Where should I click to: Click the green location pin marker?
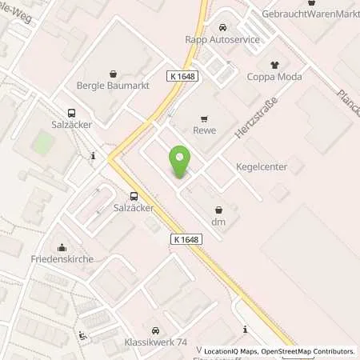[180, 163]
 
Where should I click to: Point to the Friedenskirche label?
[62, 259]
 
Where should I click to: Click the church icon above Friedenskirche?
[62, 246]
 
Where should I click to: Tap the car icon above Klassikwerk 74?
[155, 329]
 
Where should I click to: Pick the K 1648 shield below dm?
[185, 239]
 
